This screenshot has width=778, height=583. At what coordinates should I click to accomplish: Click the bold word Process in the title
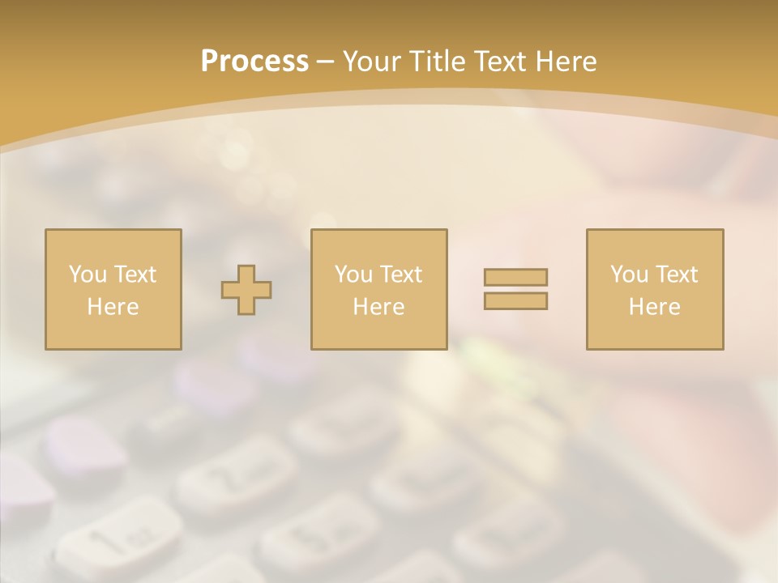[254, 62]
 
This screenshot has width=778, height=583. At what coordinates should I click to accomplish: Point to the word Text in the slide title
[502, 62]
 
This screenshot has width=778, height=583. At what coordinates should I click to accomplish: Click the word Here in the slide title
[567, 62]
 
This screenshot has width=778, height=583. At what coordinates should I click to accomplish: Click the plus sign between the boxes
[246, 290]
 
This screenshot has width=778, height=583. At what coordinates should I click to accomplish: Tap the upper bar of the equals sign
[515, 277]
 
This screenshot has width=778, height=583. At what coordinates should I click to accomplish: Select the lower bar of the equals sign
[515, 300]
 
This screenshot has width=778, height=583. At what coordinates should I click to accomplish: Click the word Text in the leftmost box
[135, 274]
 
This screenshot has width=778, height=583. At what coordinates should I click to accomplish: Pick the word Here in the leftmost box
[113, 307]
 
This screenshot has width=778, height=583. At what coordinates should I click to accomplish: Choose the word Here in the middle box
[378, 307]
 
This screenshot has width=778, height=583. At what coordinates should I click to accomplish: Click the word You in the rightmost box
[629, 274]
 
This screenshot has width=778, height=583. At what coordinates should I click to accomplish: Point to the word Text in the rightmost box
[676, 274]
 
